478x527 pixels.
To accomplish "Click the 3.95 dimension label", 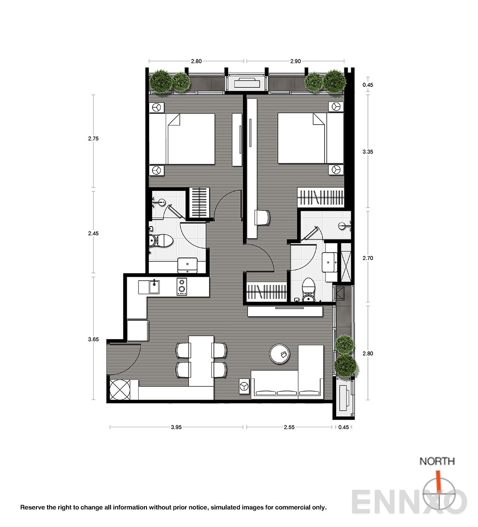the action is tap(176, 427).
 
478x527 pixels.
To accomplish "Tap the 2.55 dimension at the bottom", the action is tap(289, 427).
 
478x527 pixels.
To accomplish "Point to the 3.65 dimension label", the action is tap(93, 339).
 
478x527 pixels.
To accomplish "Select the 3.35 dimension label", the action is tap(368, 151).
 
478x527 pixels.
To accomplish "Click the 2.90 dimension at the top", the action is tap(296, 61).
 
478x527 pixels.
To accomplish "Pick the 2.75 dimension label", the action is tap(93, 139).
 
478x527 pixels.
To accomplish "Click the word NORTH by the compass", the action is tap(437, 461).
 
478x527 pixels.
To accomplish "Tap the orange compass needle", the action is tap(438, 480).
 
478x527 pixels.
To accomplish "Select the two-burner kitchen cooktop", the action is tap(182, 287).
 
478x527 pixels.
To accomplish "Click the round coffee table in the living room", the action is tap(280, 354).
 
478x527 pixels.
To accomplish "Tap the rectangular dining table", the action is tap(201, 361).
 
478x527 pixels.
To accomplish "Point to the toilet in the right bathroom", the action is tap(308, 290).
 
